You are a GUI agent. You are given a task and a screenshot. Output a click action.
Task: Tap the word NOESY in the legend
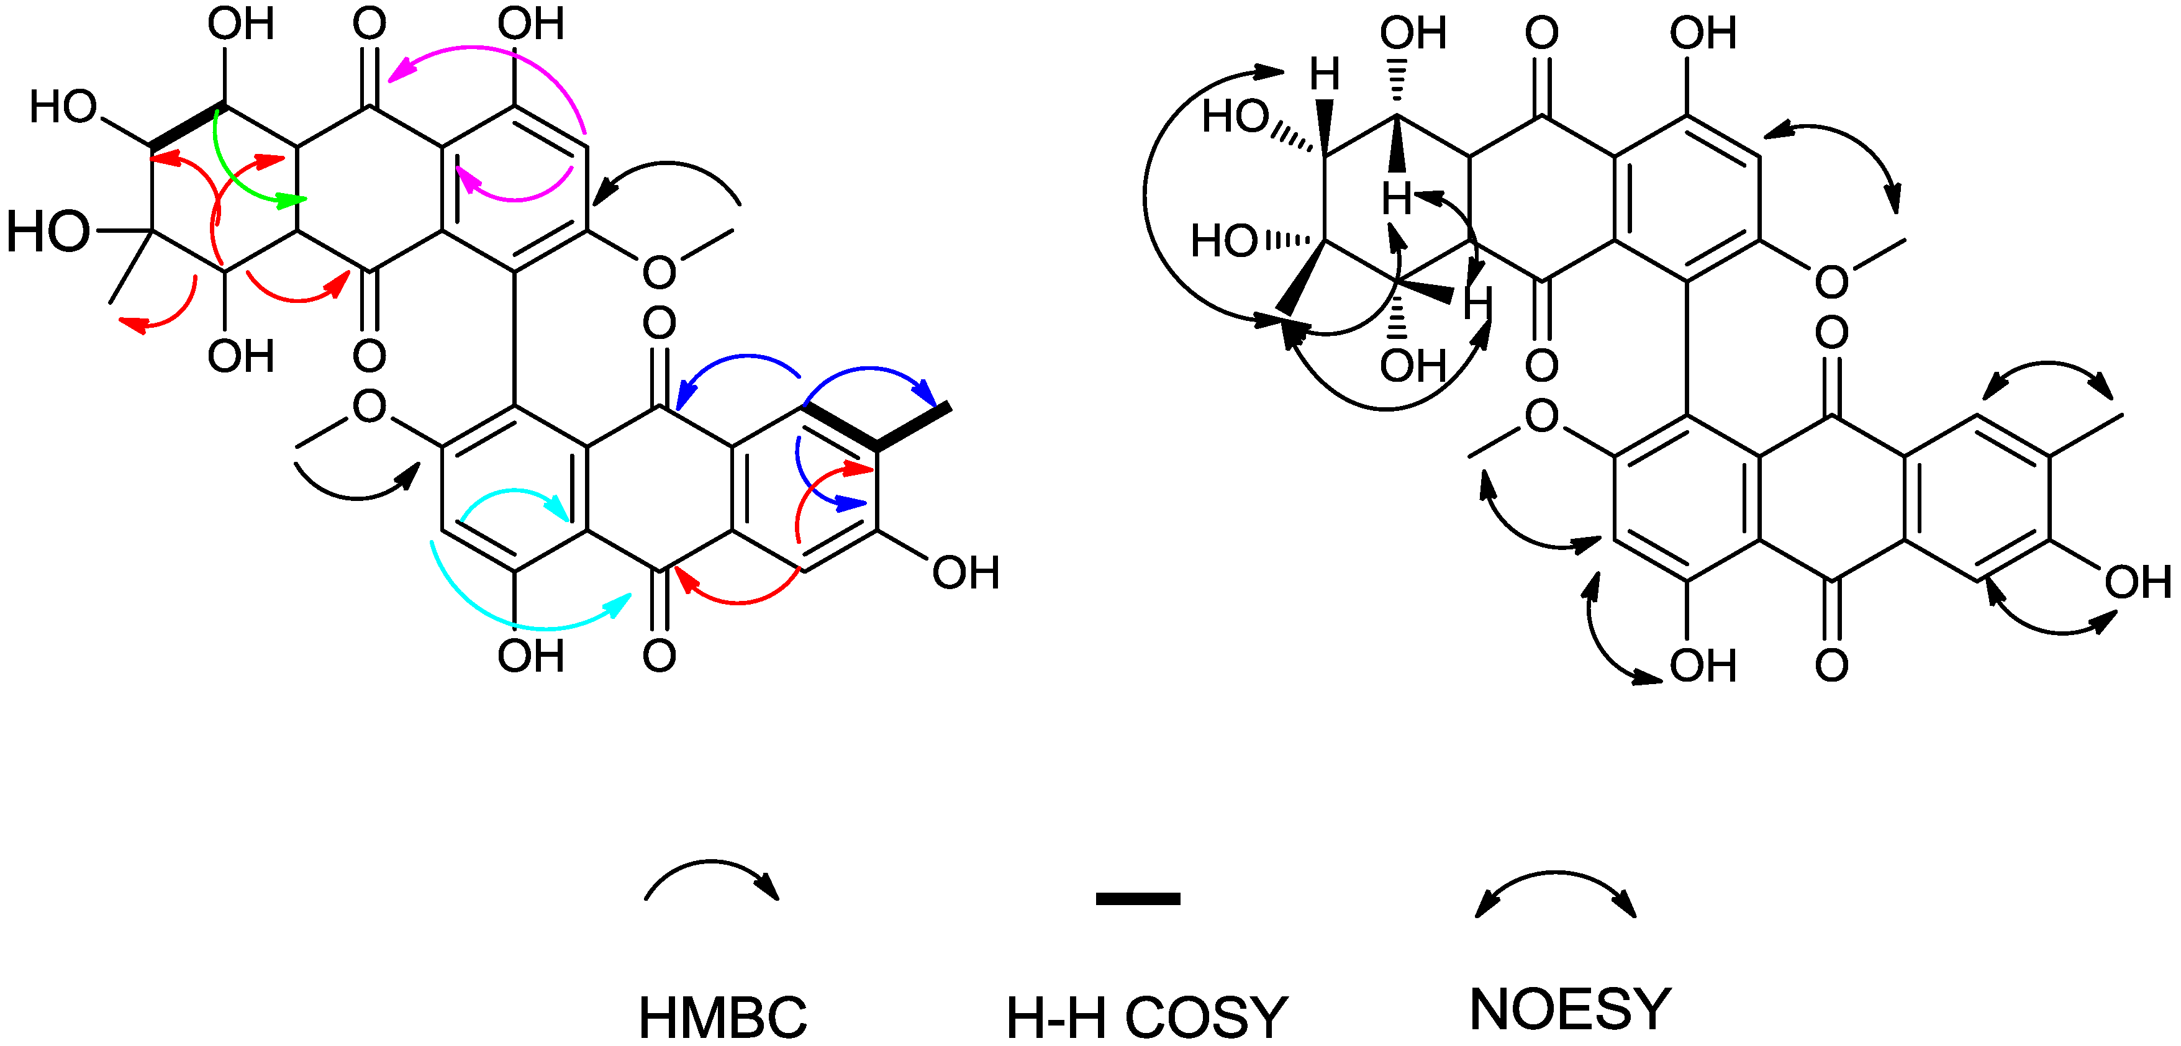(1571, 1009)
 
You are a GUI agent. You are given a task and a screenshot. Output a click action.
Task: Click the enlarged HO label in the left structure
(48, 231)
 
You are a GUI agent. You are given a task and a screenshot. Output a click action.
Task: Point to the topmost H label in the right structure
(1325, 74)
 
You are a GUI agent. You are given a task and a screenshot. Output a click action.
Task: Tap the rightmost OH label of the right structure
(2138, 582)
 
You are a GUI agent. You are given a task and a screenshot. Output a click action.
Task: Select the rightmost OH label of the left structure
(965, 573)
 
